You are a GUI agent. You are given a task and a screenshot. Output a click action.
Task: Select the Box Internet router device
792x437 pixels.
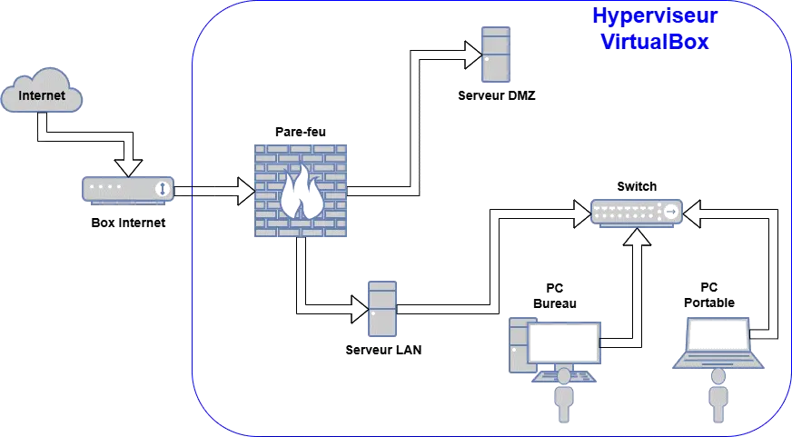point(126,189)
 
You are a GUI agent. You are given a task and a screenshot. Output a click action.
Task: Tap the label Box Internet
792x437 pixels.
point(128,223)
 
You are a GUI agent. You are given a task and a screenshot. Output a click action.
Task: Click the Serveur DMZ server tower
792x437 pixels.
point(495,54)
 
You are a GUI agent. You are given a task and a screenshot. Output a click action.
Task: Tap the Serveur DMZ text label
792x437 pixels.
point(498,95)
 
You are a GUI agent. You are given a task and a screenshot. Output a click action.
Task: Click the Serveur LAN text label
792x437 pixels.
point(383,349)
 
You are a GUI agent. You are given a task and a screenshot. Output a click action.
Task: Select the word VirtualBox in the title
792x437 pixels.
point(655,42)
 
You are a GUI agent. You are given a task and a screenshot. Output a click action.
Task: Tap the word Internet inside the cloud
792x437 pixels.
point(43,95)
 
